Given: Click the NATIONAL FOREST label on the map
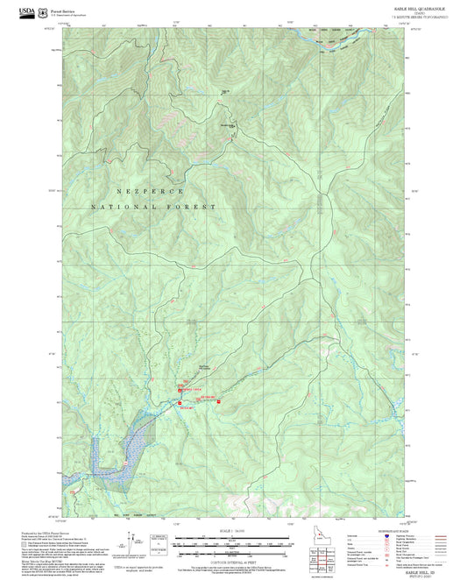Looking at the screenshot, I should pyautogui.click(x=153, y=207).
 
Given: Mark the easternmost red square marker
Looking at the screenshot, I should pyautogui.click(x=218, y=402).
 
